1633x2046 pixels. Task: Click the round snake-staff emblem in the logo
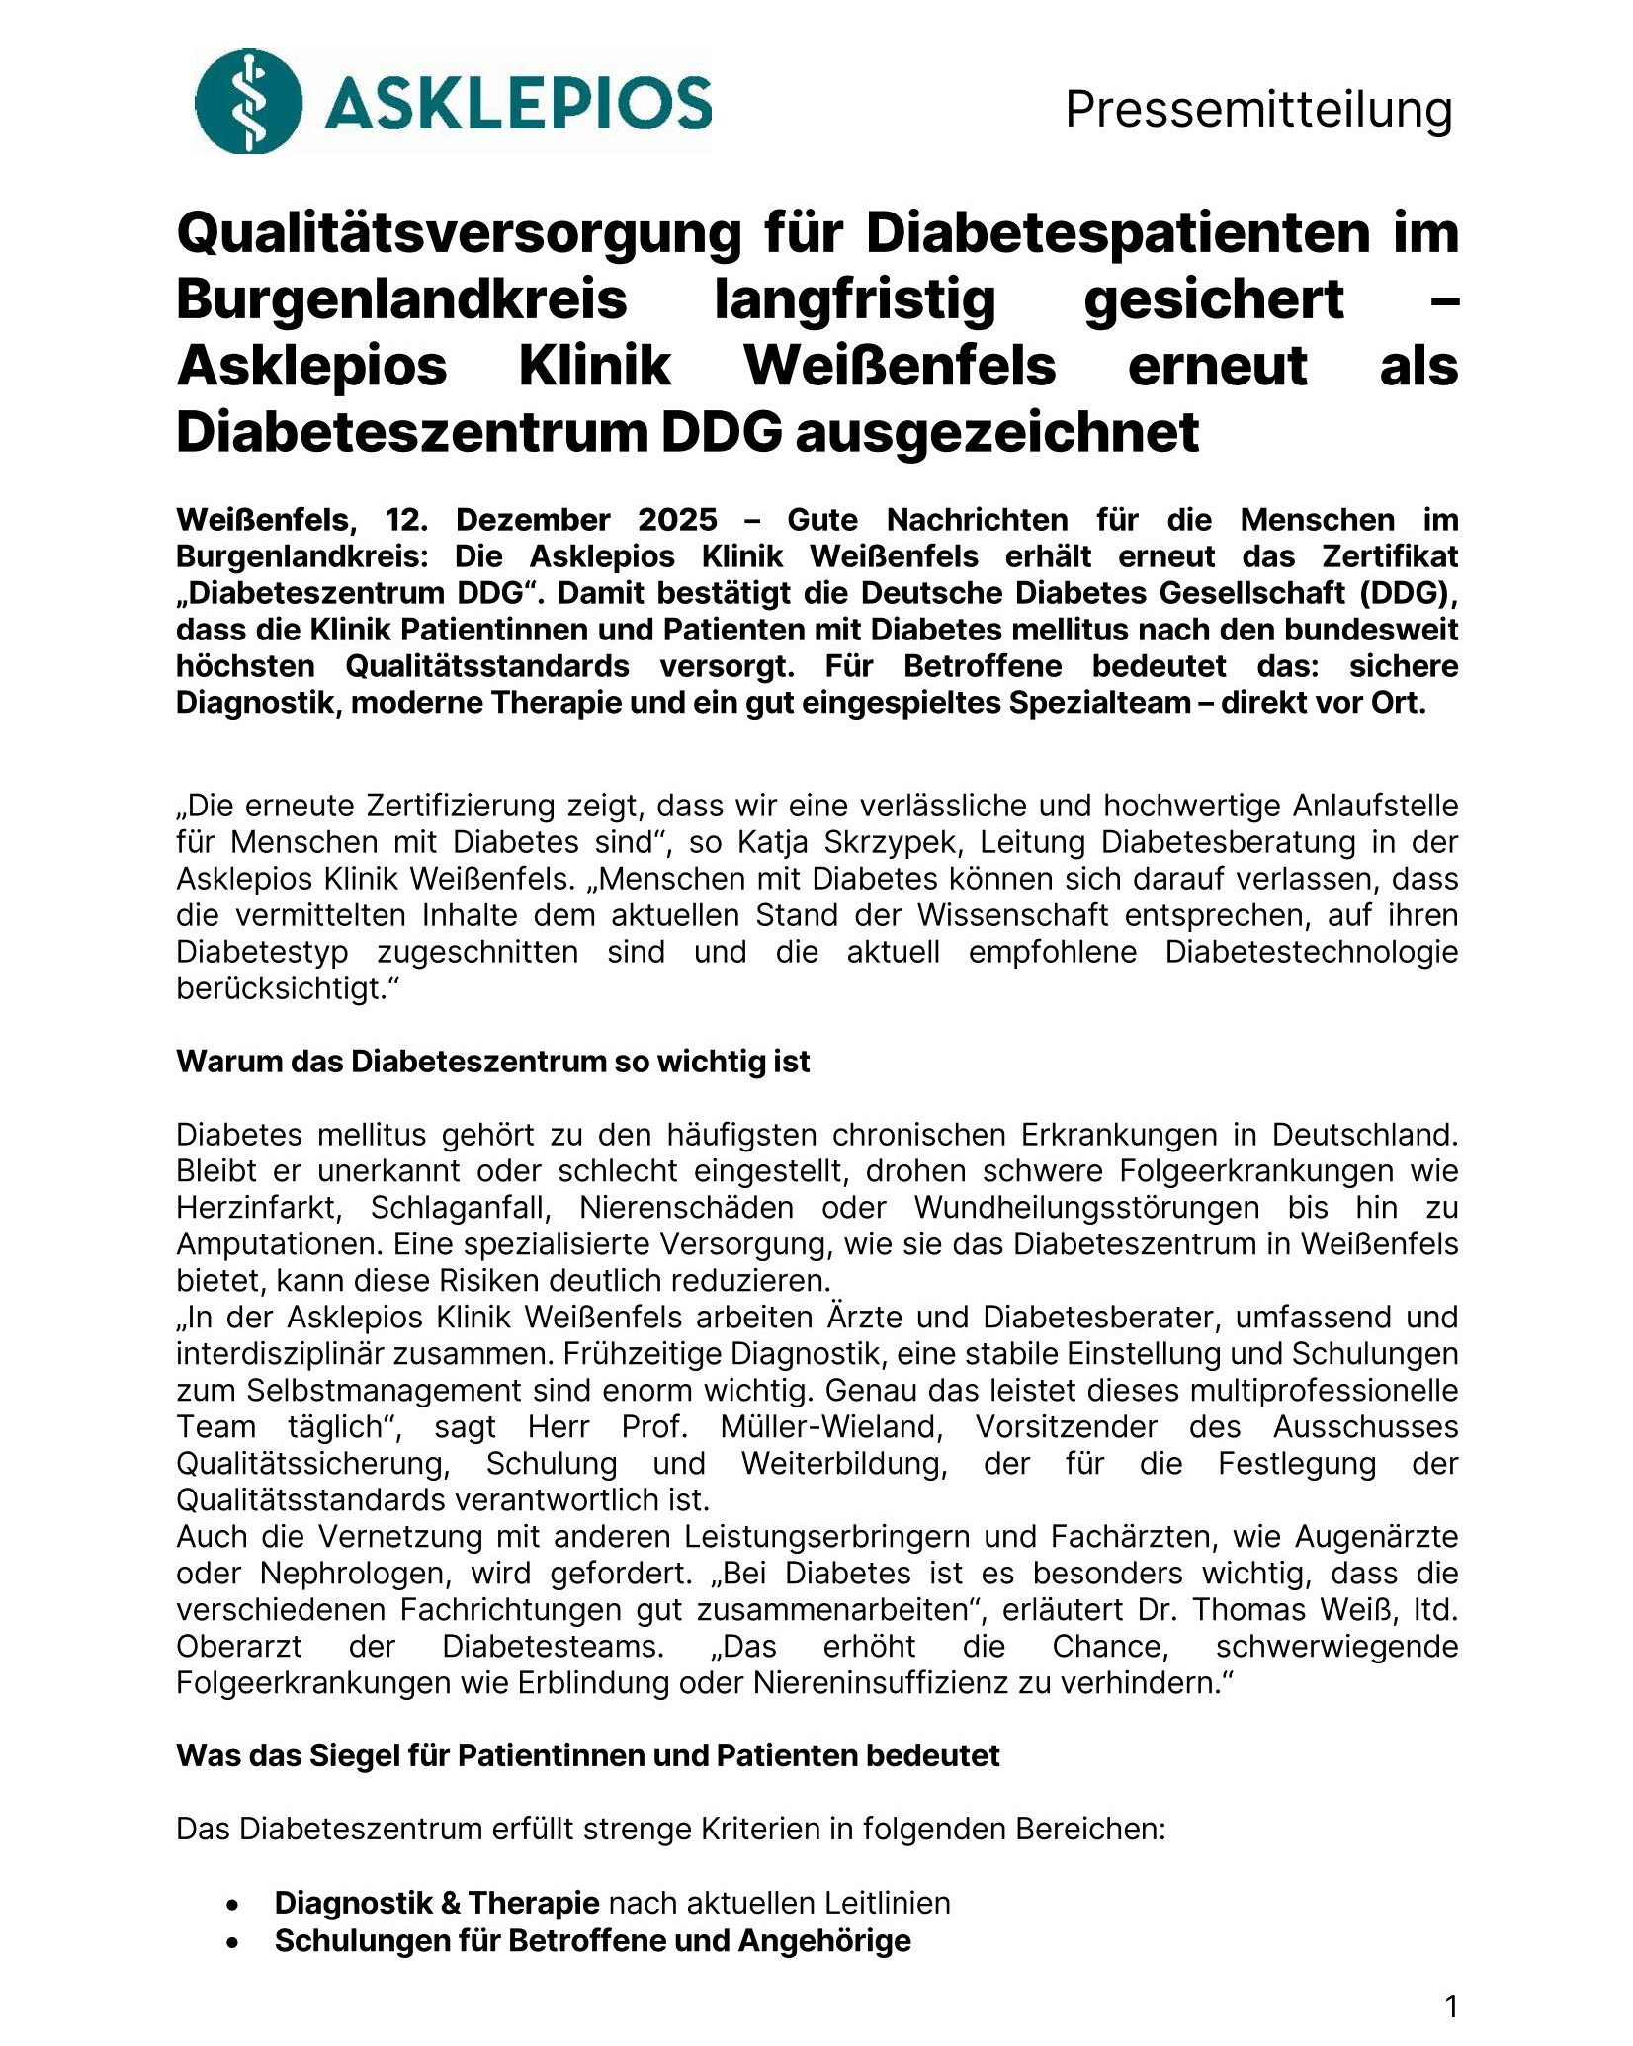[x=248, y=101]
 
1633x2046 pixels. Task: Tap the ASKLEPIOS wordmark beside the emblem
[x=518, y=103]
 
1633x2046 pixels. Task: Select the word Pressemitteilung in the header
[x=1258, y=109]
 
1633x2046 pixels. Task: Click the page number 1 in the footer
[x=1451, y=2006]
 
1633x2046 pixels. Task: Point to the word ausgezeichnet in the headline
[x=997, y=432]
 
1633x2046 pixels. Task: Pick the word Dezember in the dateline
[x=533, y=520]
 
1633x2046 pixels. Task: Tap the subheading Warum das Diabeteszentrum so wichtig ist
[x=492, y=1062]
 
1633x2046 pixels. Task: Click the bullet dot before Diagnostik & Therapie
[x=232, y=1904]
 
